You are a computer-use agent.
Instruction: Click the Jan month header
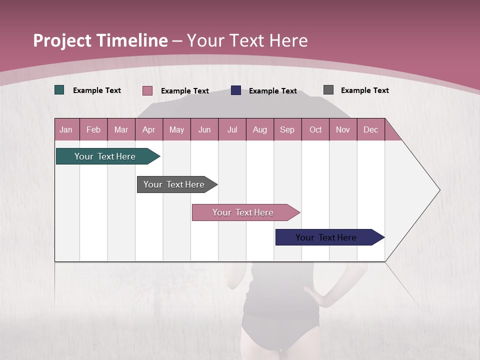click(66, 129)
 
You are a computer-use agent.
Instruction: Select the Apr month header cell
click(149, 129)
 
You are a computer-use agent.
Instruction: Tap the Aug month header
click(260, 129)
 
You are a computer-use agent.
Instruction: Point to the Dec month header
click(371, 129)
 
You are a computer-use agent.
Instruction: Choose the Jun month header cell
click(204, 129)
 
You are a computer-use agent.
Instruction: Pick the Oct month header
click(315, 129)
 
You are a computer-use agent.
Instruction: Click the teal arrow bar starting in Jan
click(105, 156)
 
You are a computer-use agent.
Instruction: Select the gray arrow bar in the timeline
click(174, 184)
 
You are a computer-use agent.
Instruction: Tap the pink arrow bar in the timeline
click(243, 212)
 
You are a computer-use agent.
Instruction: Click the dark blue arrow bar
click(326, 237)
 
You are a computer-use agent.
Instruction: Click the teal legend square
click(59, 90)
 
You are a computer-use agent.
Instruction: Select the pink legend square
click(147, 90)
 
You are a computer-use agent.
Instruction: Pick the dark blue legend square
click(236, 90)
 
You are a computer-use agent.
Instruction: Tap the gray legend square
click(328, 90)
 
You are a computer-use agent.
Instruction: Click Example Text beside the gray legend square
click(364, 90)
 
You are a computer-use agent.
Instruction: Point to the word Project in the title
click(62, 40)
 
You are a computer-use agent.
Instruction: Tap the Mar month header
click(121, 129)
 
